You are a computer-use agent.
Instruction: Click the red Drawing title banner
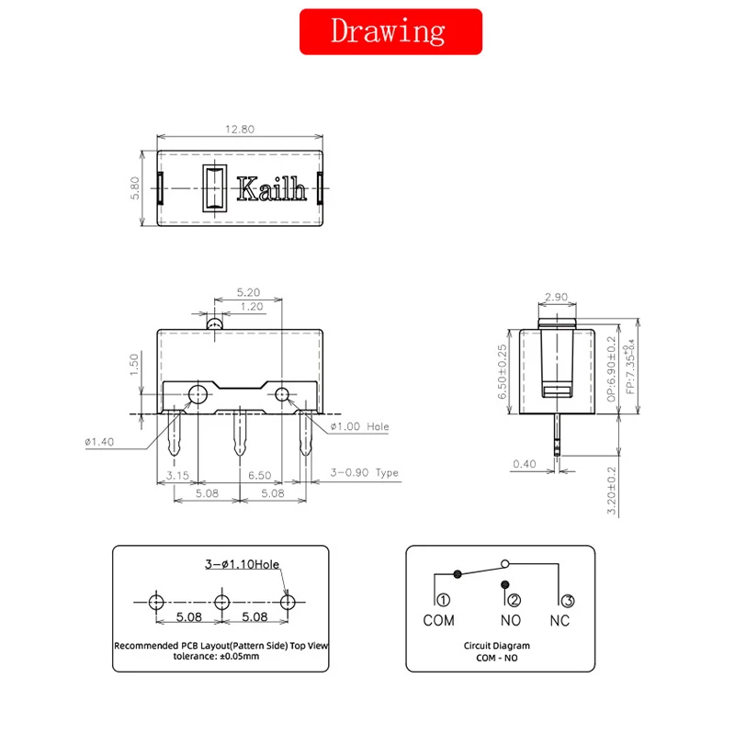tap(390, 31)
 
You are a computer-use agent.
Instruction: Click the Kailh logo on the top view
tap(271, 189)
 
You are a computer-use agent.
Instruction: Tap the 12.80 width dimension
tap(240, 129)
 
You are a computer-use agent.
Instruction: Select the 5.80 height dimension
tap(135, 188)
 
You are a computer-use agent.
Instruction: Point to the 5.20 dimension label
tap(248, 292)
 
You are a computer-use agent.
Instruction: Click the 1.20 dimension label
tap(252, 307)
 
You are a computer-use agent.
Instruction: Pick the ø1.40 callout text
tap(99, 442)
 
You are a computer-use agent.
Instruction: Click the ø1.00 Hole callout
tap(359, 426)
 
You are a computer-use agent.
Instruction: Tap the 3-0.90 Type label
tap(364, 472)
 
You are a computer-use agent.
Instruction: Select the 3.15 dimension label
tap(177, 475)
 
